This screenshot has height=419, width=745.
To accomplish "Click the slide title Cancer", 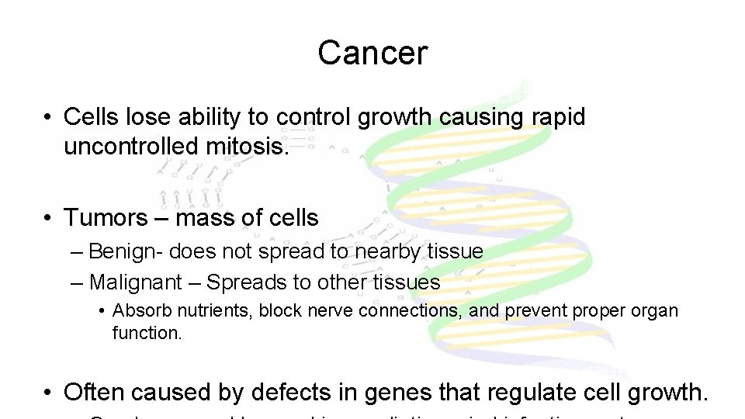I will (372, 53).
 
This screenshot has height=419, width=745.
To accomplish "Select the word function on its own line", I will (147, 333).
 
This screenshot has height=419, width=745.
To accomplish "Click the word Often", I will (95, 393).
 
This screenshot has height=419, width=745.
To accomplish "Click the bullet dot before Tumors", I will (48, 218).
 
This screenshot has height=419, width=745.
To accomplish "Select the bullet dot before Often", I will (48, 393).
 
